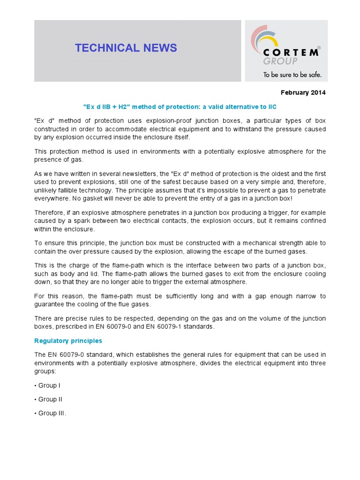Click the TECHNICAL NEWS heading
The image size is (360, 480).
pyautogui.click(x=126, y=48)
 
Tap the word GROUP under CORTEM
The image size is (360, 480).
pyautogui.click(x=280, y=61)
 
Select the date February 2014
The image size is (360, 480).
pyautogui.click(x=303, y=92)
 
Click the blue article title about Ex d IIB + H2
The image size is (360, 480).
pyautogui.click(x=180, y=107)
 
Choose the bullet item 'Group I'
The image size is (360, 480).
pyautogui.click(x=49, y=385)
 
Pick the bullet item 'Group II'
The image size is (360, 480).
pyautogui.click(x=50, y=399)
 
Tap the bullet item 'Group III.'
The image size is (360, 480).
pyautogui.click(x=52, y=413)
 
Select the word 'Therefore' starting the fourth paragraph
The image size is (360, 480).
pyautogui.click(x=50, y=212)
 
